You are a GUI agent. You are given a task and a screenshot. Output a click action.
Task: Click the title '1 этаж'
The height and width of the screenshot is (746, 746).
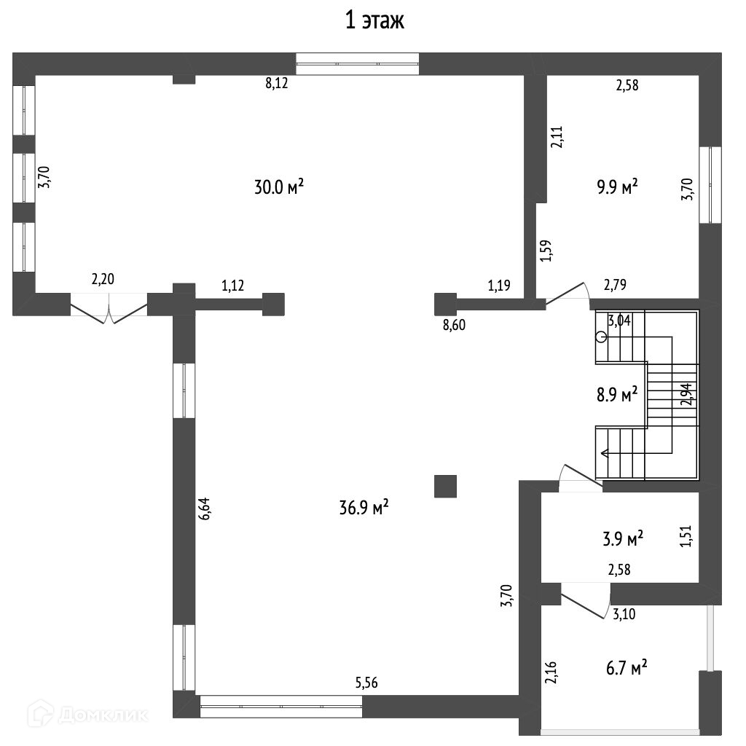tap(374, 21)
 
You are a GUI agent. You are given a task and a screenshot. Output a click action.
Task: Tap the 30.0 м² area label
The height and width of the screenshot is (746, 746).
tap(278, 187)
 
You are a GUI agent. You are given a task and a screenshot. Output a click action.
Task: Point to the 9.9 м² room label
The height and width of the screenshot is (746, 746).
tap(617, 186)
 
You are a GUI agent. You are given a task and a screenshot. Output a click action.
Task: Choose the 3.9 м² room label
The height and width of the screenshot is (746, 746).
tap(623, 539)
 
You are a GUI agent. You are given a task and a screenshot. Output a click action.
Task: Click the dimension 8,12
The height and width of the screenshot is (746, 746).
tap(277, 84)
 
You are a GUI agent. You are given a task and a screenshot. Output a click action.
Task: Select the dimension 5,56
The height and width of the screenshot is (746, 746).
tap(366, 683)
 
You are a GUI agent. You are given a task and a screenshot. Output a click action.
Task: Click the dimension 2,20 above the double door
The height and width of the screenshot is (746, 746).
tap(103, 278)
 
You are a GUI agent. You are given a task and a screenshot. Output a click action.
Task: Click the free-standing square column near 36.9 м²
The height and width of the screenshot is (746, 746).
tap(445, 486)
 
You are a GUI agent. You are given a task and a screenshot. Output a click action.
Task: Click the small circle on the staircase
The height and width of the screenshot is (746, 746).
tap(601, 337)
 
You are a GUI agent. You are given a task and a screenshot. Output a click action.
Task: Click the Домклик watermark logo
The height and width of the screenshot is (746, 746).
tap(38, 714)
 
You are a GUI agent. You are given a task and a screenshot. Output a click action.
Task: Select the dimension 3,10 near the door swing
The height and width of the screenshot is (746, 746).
tap(623, 613)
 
